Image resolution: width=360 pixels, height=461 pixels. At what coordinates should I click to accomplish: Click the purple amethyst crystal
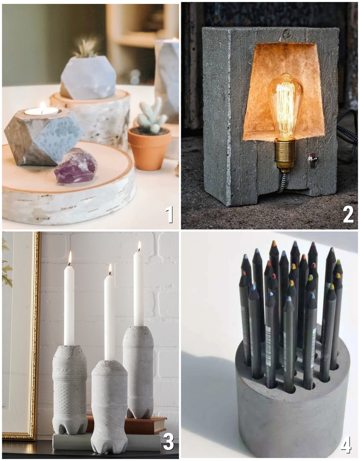76,165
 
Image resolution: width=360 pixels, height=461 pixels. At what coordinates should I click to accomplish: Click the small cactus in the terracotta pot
152,116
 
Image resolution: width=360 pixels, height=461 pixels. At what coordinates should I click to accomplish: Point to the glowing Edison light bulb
286,105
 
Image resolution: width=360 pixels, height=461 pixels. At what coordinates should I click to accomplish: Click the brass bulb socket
285,153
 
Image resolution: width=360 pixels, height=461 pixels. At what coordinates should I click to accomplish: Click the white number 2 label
348,214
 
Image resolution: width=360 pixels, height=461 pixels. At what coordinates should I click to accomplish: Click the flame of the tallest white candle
139,246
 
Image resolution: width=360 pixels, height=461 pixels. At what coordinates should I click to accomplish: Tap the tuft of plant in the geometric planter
86,48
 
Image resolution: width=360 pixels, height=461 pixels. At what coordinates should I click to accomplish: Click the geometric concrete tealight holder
43,136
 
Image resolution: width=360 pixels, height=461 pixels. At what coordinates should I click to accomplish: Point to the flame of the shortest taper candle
110,269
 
